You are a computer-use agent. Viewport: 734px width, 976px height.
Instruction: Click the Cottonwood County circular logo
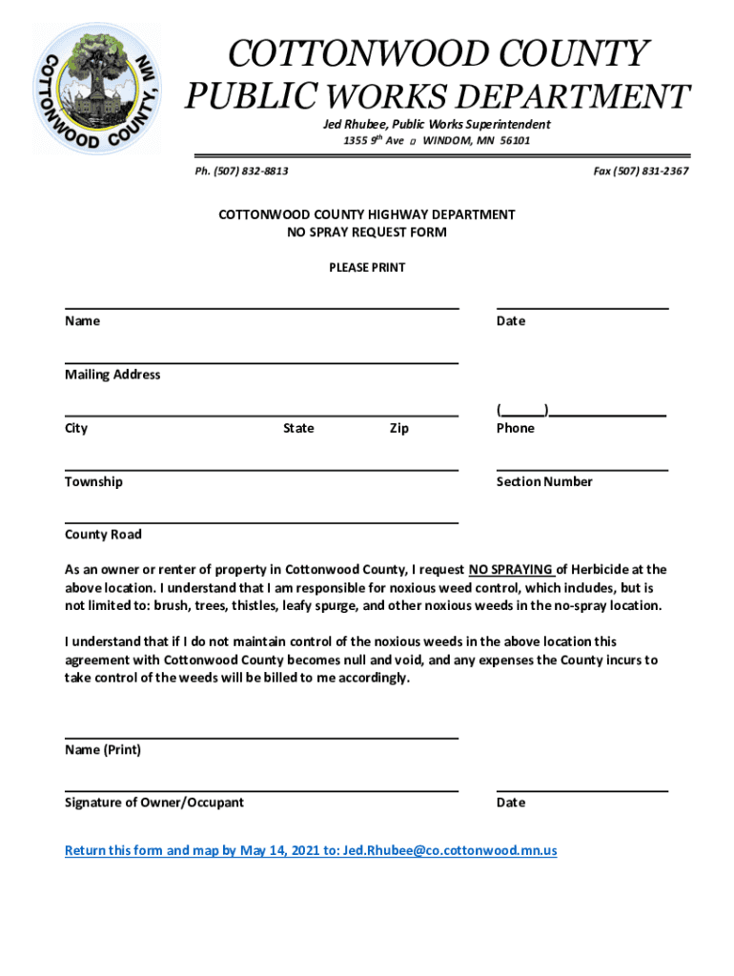click(x=97, y=88)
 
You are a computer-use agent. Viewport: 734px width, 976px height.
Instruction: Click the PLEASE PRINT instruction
click(x=367, y=268)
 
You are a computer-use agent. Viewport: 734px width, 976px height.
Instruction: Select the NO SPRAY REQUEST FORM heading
click(x=367, y=232)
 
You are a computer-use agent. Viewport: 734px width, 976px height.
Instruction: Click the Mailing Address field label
click(x=112, y=375)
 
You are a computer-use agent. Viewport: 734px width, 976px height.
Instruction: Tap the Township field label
click(x=93, y=481)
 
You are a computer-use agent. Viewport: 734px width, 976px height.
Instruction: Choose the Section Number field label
click(x=543, y=481)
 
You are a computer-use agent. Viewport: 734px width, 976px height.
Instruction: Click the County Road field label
click(x=103, y=535)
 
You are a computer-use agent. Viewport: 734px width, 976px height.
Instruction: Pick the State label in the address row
click(x=298, y=428)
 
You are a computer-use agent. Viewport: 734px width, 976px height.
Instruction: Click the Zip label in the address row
click(x=399, y=428)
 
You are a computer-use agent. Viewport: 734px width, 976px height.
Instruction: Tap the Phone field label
click(x=515, y=428)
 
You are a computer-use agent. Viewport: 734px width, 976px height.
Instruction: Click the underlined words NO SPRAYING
click(x=511, y=570)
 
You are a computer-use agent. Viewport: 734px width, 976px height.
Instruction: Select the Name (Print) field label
click(x=103, y=750)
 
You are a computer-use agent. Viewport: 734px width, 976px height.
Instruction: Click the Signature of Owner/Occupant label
click(x=153, y=803)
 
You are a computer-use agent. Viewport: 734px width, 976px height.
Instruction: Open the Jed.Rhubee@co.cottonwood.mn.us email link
click(x=450, y=850)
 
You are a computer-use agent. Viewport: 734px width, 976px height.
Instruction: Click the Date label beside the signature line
click(x=510, y=803)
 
